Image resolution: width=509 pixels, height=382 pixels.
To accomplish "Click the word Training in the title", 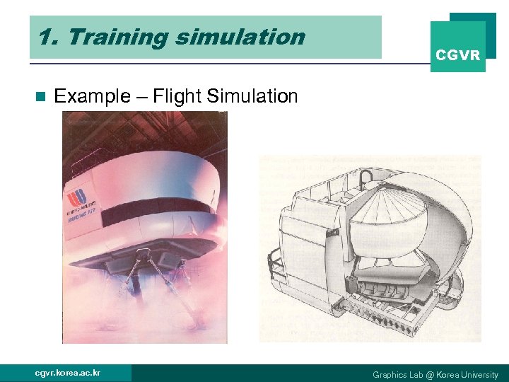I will (111, 37).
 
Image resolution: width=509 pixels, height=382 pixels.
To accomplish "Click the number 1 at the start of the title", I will (45, 37).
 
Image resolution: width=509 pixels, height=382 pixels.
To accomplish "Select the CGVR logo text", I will (457, 54).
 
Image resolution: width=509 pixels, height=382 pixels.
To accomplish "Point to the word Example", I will (91, 96).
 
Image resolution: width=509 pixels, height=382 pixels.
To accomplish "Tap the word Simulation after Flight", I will (254, 96).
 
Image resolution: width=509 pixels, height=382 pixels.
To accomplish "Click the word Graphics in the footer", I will (390, 374).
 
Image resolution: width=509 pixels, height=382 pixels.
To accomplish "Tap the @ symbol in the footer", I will (431, 374).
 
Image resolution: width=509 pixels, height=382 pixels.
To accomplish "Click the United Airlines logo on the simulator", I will (76, 197).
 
